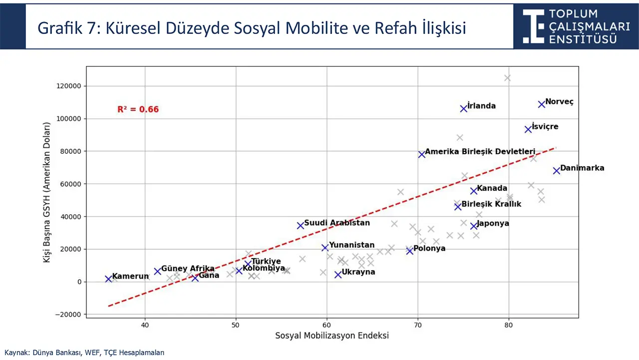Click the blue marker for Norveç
542,104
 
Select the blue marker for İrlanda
464,108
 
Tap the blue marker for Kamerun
108,279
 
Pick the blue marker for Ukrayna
338,275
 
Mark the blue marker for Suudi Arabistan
301,226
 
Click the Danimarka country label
582,168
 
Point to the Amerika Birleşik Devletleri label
480,151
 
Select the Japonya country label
493,223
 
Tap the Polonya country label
429,248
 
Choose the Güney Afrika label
188,269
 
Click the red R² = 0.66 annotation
138,109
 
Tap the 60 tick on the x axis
327,325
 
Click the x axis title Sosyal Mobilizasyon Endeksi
332,336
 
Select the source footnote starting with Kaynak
84,353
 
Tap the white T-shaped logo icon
533,26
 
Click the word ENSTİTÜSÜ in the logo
583,39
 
